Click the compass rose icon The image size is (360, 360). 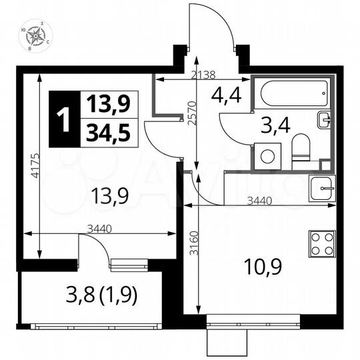tap(37, 36)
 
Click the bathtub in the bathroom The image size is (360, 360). tap(294, 93)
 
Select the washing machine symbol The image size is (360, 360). tap(267, 157)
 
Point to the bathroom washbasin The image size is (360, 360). tap(323, 120)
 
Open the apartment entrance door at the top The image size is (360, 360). tap(211, 30)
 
